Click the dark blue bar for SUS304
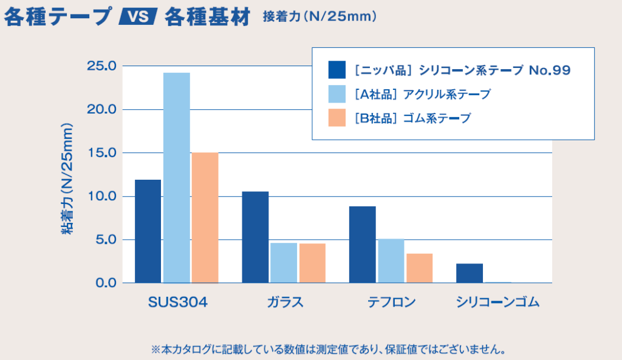pyautogui.click(x=148, y=231)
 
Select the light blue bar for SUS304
pyautogui.click(x=176, y=178)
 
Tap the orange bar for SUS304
pyautogui.click(x=205, y=217)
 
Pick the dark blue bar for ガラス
pyautogui.click(x=255, y=237)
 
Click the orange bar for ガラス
pyautogui.click(x=312, y=263)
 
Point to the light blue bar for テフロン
pyautogui.click(x=391, y=261)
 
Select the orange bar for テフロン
pyautogui.click(x=419, y=268)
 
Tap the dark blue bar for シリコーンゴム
pyautogui.click(x=470, y=273)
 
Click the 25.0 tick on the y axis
pyautogui.click(x=105, y=66)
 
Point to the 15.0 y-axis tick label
pyautogui.click(x=105, y=153)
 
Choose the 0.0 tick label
pyautogui.click(x=108, y=283)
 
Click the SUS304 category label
pyautogui.click(x=178, y=302)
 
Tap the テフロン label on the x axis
pyautogui.click(x=391, y=302)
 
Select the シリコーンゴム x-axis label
pyautogui.click(x=497, y=302)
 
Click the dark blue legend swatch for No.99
pyautogui.click(x=337, y=70)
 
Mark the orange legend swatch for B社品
pyautogui.click(x=337, y=118)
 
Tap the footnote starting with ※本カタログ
pyautogui.click(x=329, y=350)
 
